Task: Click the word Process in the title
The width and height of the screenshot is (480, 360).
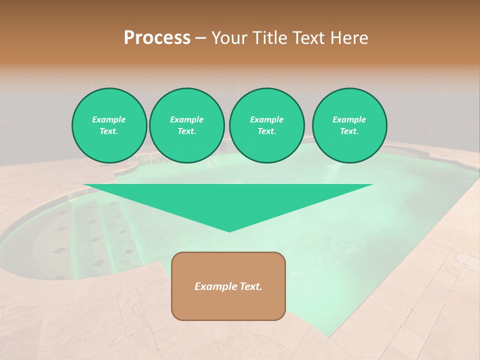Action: pyautogui.click(x=157, y=38)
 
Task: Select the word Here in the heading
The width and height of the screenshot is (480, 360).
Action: pyautogui.click(x=348, y=38)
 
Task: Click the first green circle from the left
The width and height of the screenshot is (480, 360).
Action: pyautogui.click(x=109, y=125)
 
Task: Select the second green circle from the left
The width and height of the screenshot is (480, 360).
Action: pyautogui.click(x=187, y=125)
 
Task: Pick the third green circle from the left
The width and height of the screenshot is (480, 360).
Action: pyautogui.click(x=267, y=125)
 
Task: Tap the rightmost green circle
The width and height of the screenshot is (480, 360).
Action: pyautogui.click(x=349, y=125)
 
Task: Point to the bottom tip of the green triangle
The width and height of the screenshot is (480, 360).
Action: pyautogui.click(x=229, y=231)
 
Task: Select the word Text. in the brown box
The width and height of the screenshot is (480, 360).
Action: pyautogui.click(x=250, y=286)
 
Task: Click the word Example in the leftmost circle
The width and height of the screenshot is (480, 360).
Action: pyautogui.click(x=109, y=119)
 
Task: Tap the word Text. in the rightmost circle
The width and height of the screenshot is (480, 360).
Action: pyautogui.click(x=349, y=131)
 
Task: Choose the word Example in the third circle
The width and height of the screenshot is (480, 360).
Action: pyautogui.click(x=267, y=119)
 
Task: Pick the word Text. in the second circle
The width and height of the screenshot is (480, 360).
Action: pyautogui.click(x=187, y=131)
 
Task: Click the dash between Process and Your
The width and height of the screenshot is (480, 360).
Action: pyautogui.click(x=201, y=38)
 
